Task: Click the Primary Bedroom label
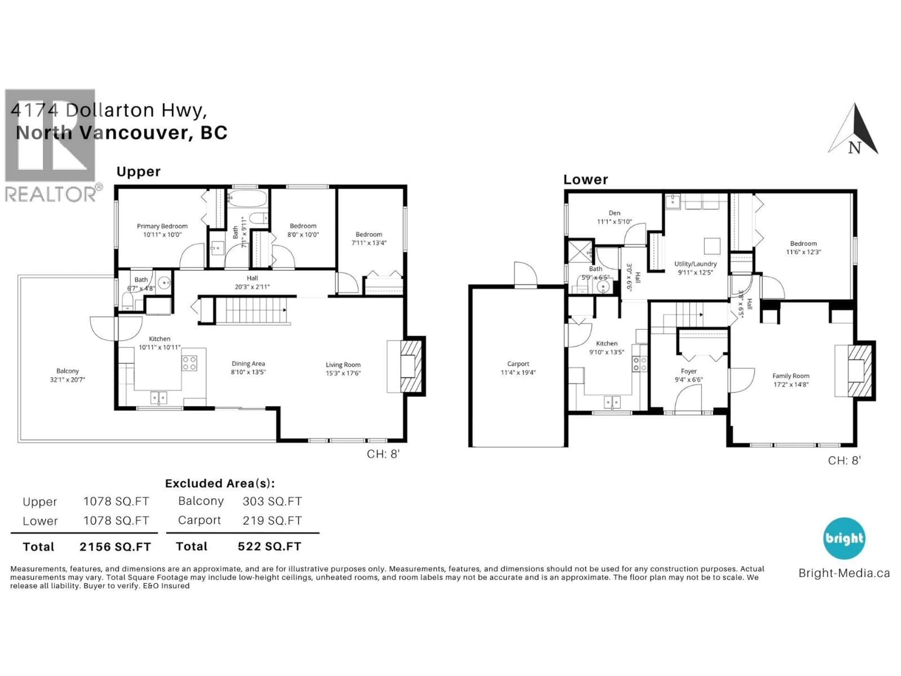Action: coord(162,226)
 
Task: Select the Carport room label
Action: coord(518,364)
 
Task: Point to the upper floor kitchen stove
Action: coord(189,363)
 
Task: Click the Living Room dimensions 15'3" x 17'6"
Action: coord(343,373)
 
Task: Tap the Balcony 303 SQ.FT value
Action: coord(272,501)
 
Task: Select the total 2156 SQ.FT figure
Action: coord(115,547)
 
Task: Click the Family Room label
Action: coord(791,376)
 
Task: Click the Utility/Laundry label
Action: coord(695,264)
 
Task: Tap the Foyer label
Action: coord(688,371)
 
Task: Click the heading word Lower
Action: coord(585,180)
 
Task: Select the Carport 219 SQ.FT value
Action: coord(272,521)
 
